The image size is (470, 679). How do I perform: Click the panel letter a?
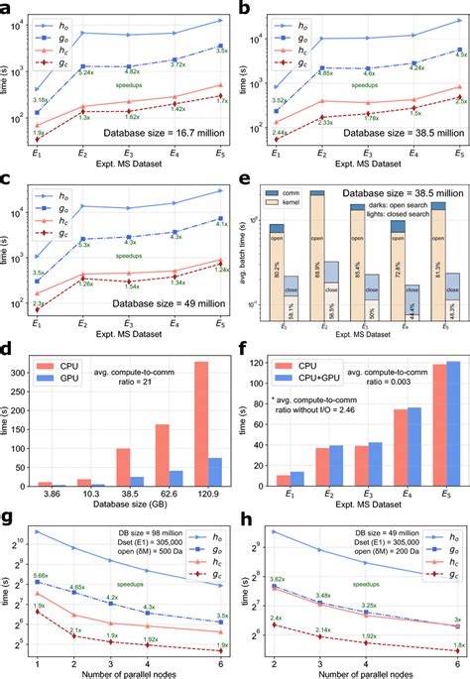point(9,8)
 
